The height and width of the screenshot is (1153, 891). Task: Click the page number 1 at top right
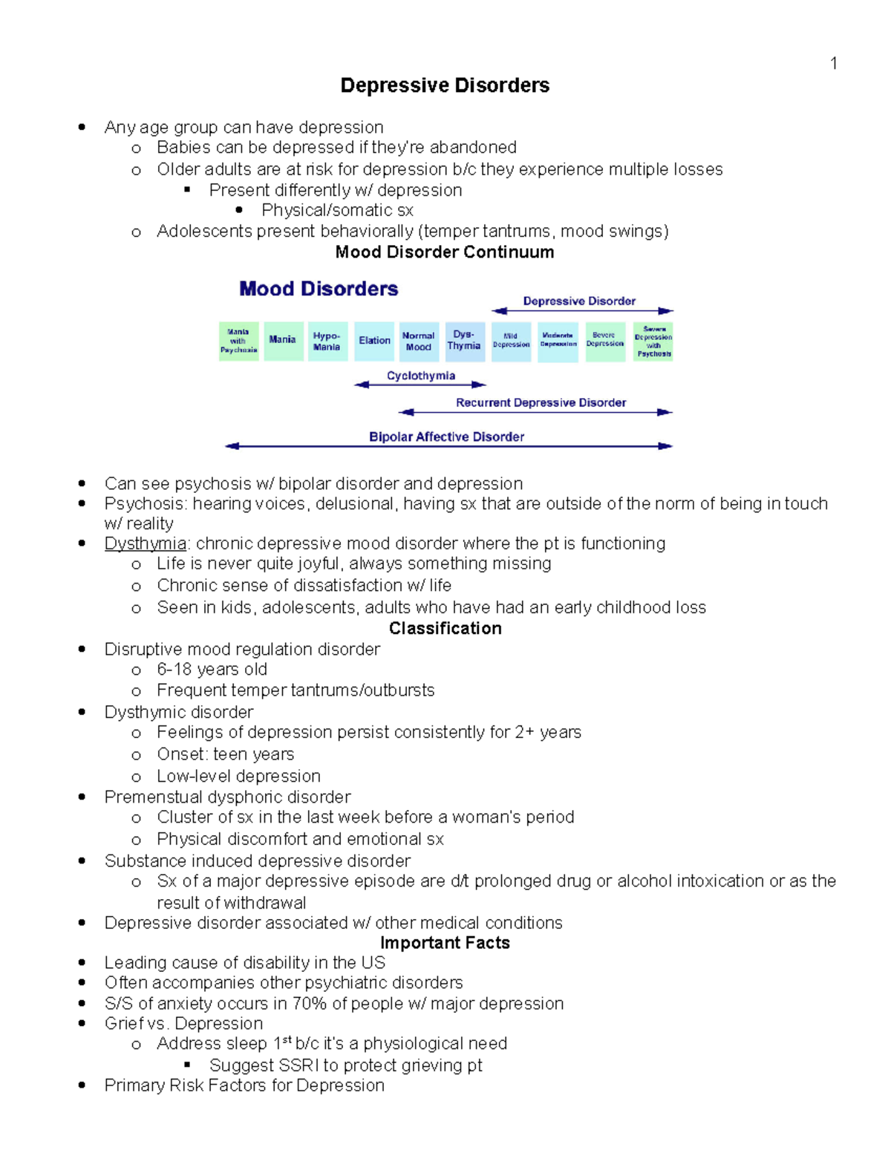point(834,64)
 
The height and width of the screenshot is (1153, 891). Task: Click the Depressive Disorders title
point(445,85)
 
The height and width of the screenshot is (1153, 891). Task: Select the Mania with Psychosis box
point(238,342)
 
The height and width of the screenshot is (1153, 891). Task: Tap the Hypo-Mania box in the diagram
point(327,342)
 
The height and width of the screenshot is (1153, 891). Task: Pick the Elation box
point(374,341)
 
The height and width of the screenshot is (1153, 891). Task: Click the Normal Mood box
point(419,342)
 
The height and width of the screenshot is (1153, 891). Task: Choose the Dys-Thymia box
point(465,341)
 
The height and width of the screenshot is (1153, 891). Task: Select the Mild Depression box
point(511,341)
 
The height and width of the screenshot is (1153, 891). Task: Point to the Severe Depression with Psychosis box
point(653,342)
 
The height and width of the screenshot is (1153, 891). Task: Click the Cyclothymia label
point(421,376)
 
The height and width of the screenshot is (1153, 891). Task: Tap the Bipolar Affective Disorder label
point(446,437)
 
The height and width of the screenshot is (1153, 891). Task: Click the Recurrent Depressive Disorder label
point(541,402)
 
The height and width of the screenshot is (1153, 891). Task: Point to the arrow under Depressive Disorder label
point(582,311)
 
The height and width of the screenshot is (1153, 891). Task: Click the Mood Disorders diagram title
point(319,289)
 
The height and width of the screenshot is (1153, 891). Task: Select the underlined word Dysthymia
point(146,543)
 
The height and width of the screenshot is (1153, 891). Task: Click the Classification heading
point(445,628)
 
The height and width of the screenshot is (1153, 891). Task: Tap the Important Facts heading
point(445,943)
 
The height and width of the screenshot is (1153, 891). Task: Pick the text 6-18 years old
point(212,670)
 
